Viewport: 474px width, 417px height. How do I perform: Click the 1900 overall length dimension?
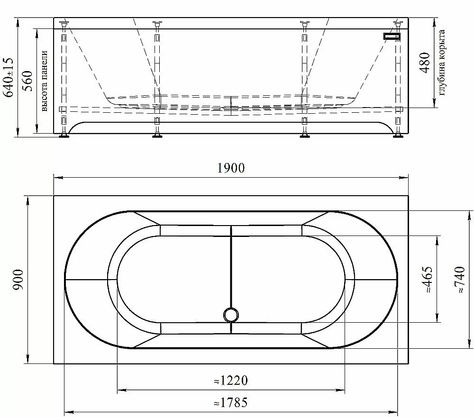click(231, 168)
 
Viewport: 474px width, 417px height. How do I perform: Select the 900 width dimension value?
click(18, 280)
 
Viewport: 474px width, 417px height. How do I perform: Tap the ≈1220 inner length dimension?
click(231, 381)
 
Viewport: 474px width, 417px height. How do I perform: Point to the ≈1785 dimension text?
click(231, 402)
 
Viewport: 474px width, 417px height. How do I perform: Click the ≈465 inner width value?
click(427, 279)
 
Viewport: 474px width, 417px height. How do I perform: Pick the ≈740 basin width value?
click(459, 279)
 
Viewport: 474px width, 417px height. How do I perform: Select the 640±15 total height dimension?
click(8, 77)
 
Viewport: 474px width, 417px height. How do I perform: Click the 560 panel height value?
click(28, 81)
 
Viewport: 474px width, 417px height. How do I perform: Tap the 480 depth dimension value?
click(425, 63)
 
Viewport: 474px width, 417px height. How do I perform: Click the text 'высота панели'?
click(44, 81)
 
